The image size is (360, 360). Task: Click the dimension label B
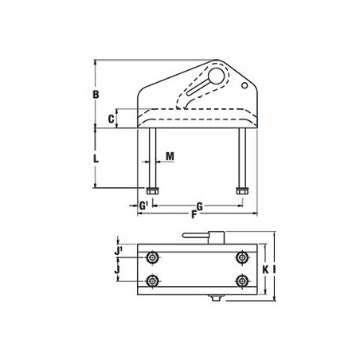click(x=95, y=95)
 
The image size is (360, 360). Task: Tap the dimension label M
click(x=170, y=157)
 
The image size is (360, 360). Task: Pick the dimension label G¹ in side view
click(x=143, y=205)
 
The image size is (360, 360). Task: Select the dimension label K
click(x=264, y=269)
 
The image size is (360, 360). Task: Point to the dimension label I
click(x=273, y=269)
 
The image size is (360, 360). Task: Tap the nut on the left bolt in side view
click(x=151, y=190)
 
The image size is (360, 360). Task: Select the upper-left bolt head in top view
click(x=152, y=258)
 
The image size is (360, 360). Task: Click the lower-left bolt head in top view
click(x=152, y=280)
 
